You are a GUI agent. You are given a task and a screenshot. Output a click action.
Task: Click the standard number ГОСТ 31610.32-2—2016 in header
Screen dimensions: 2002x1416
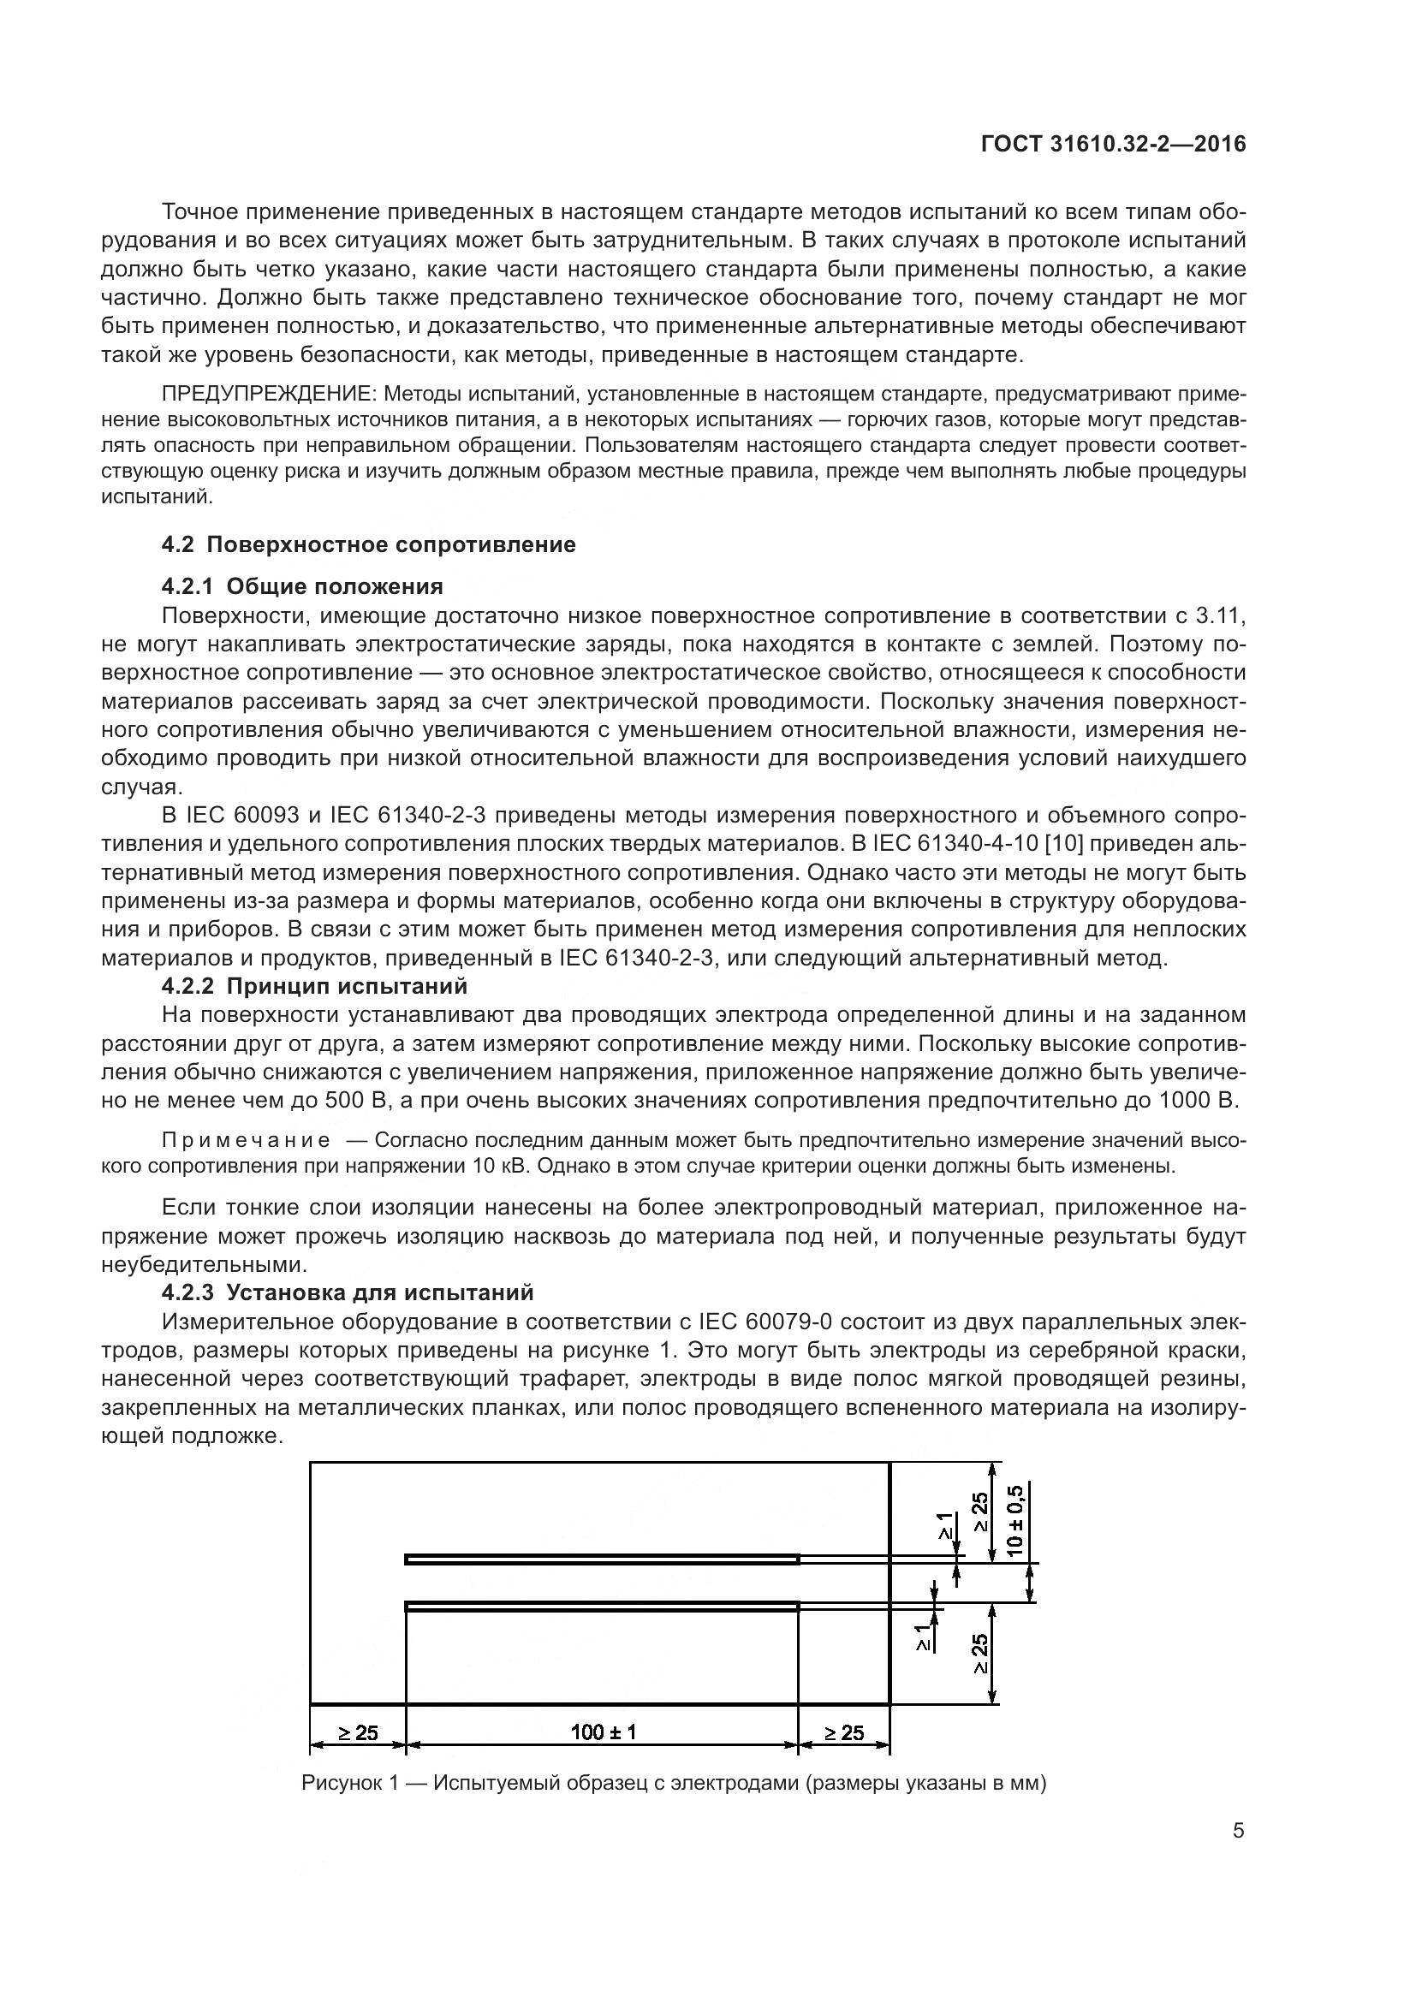pos(1114,144)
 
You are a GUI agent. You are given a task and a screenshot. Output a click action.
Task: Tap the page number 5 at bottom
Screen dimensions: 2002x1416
pos(1238,1830)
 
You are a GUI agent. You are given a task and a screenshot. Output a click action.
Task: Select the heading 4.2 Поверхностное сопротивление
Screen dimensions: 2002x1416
pos(369,544)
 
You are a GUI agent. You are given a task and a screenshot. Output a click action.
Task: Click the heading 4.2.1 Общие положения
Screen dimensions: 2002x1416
pos(302,585)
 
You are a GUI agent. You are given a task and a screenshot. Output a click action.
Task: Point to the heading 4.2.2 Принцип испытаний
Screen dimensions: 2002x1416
pos(315,985)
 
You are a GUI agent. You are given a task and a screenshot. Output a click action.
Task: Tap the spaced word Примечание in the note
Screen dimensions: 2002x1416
pos(246,1140)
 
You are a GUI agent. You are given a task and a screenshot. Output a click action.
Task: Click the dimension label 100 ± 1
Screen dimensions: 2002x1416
pos(604,1732)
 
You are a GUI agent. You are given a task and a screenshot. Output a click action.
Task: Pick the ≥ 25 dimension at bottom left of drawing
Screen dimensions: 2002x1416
pos(358,1732)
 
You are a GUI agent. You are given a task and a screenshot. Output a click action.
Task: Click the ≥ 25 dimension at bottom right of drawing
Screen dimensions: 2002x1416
pos(843,1732)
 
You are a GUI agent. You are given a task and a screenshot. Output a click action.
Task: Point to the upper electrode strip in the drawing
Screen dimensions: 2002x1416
pos(602,1559)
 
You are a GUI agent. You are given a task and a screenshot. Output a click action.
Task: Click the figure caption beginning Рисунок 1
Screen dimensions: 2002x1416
pos(673,1782)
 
